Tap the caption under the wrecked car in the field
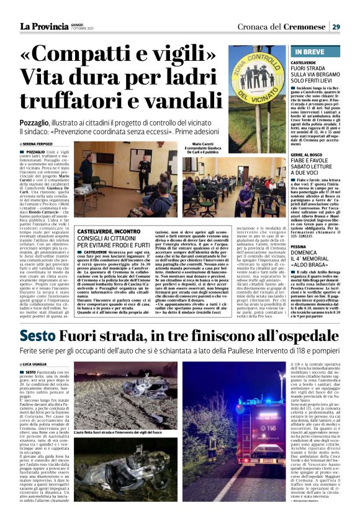tap(119, 432)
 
